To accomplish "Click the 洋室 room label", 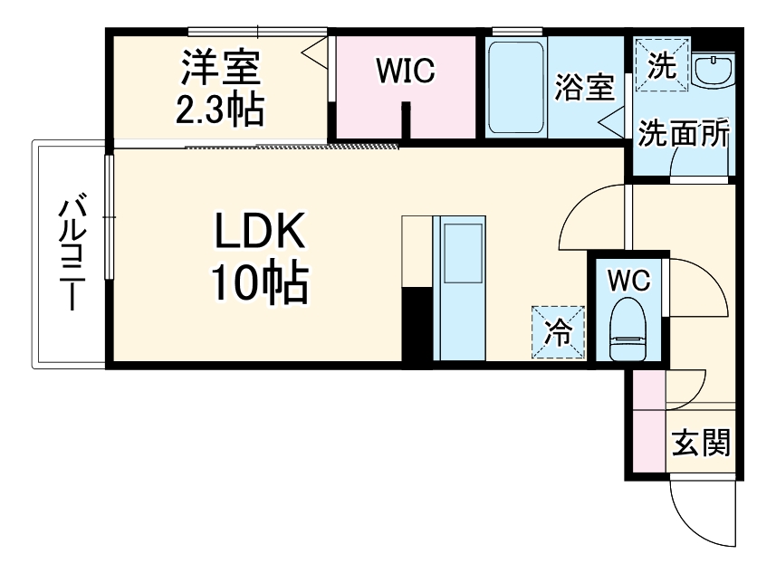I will coord(220,67).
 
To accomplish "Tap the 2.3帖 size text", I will coord(220,110).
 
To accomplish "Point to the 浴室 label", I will coord(584,88).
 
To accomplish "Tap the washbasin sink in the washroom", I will coord(714,71).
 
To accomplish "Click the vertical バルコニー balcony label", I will coord(72,253).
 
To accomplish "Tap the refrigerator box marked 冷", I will coord(558,333).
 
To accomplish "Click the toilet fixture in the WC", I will coord(628,330).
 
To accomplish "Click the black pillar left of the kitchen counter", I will coord(417,326).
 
